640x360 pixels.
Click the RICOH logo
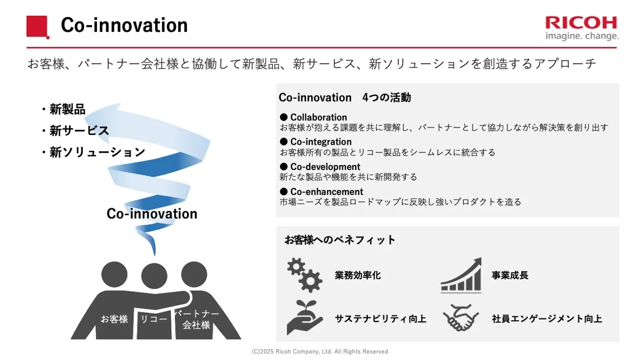pos(581,28)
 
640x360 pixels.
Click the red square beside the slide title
pos(37,26)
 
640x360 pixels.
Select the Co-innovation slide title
pos(124,26)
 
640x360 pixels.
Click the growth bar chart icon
pos(461,275)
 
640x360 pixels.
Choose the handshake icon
pos(460,318)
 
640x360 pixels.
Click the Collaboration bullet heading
pos(318,117)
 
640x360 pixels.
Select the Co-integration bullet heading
pos(320,142)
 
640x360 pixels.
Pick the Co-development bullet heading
pos(325,166)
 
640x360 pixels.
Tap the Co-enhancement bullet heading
pos(326,192)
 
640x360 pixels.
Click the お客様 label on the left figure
pos(114,319)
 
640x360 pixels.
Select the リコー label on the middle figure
pos(154,319)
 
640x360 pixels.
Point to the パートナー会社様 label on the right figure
pos(196,319)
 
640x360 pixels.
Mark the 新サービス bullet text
pos(79,131)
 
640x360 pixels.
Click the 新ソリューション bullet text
pos(97,152)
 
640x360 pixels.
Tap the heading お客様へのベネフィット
pos(340,240)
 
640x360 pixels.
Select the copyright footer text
pos(320,352)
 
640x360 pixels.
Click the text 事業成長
pos(510,275)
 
